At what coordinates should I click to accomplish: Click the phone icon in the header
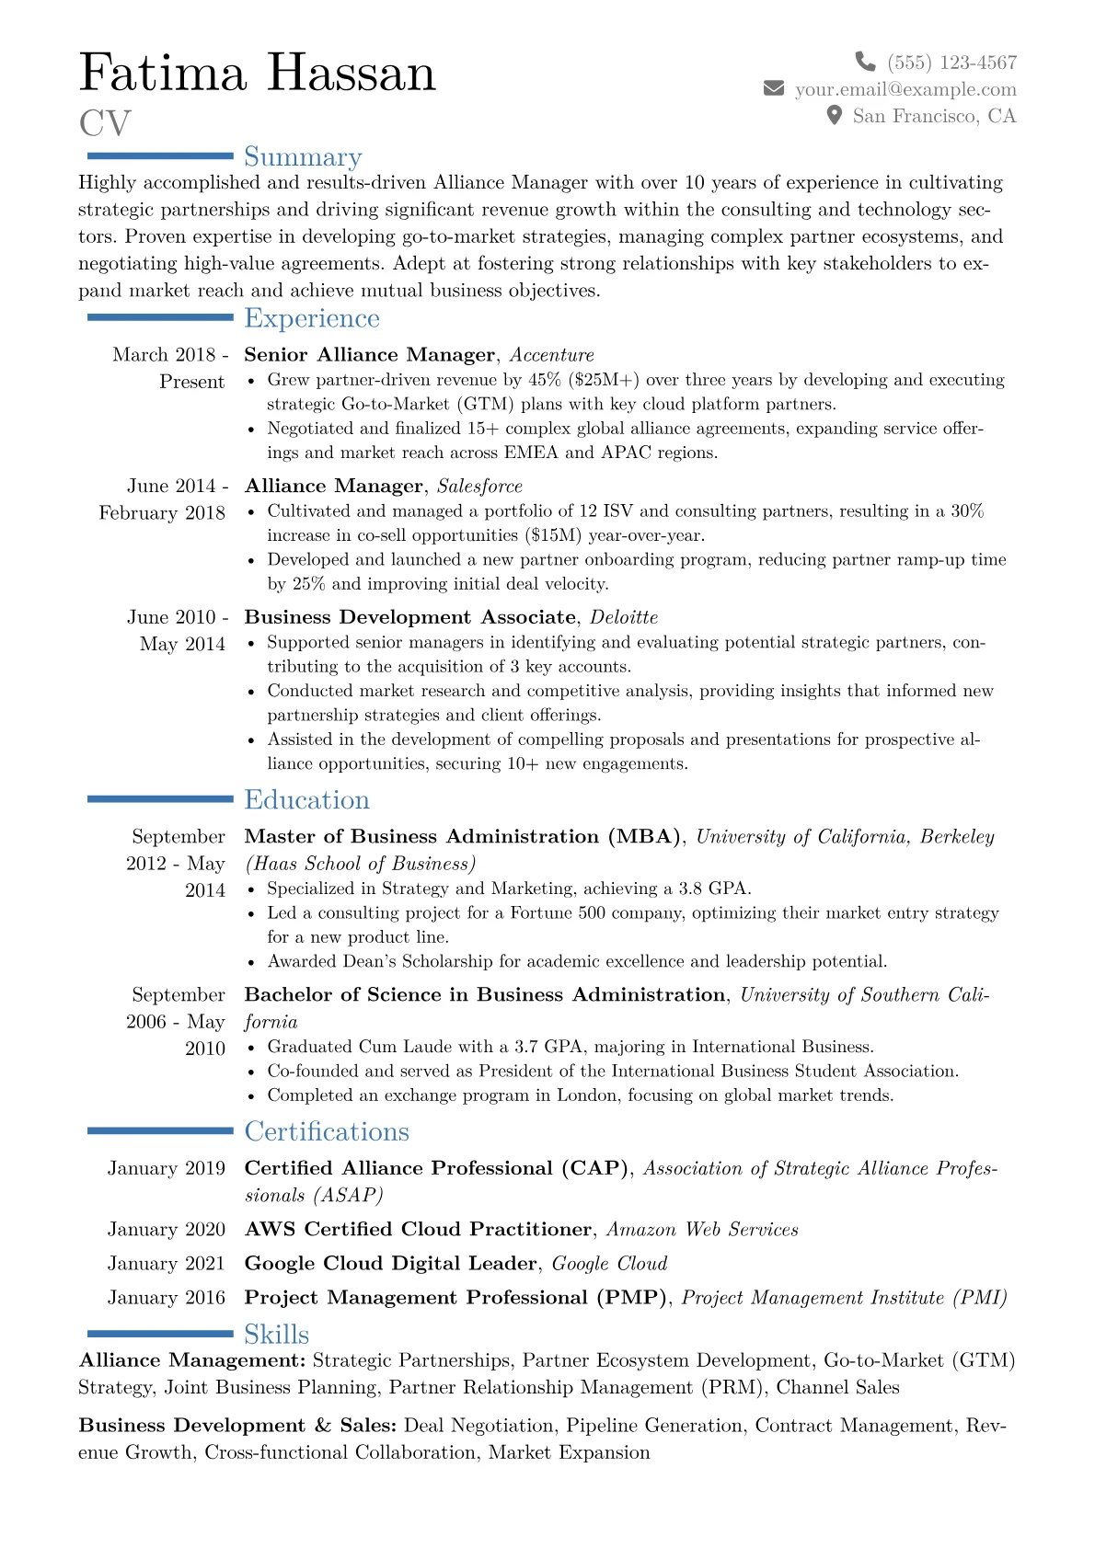coord(865,62)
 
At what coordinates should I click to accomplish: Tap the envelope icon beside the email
coord(774,88)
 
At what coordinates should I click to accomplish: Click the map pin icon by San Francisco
coord(834,115)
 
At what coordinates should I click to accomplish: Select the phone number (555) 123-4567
coord(951,63)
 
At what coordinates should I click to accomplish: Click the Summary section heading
coord(303,157)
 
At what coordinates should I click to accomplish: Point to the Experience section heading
coord(311,318)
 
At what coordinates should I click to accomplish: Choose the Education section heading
coord(306,800)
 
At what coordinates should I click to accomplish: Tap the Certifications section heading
coord(326,1131)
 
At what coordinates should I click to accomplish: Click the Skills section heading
coord(276,1334)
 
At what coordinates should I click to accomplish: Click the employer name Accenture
coord(552,355)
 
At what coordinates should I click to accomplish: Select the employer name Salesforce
coord(479,487)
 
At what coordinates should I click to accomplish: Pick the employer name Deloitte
coord(624,617)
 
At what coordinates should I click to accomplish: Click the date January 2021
coord(166,1264)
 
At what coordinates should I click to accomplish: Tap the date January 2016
coord(166,1298)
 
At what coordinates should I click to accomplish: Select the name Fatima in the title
coord(164,74)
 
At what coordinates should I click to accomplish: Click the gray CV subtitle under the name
coord(105,123)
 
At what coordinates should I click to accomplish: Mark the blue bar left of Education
coord(160,799)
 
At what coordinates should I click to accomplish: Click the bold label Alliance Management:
coord(192,1360)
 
